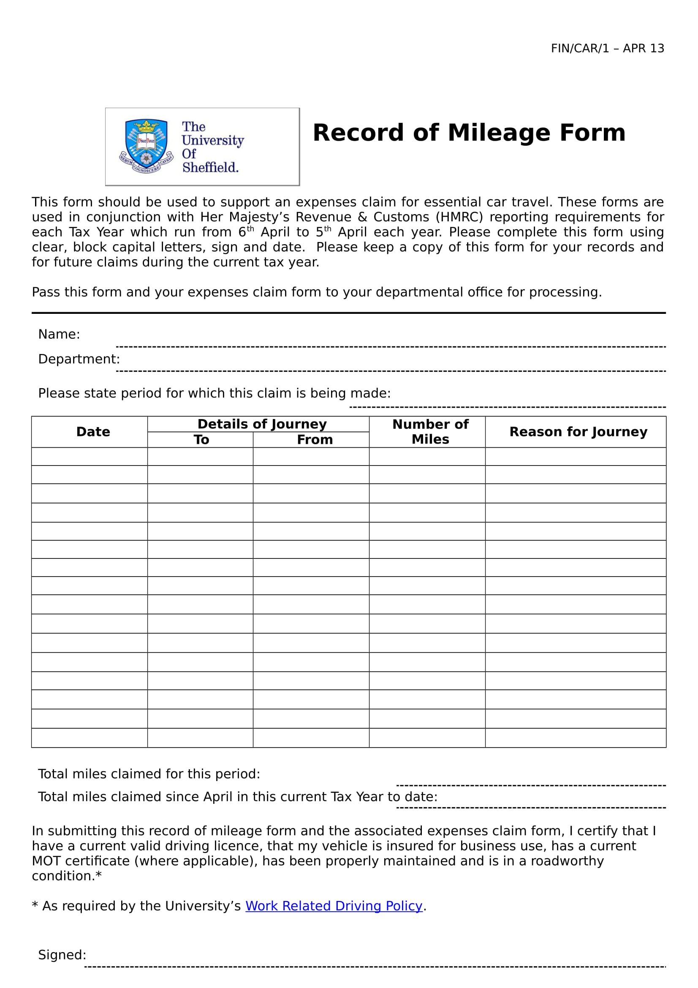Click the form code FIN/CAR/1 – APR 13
607,48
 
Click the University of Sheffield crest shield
146,144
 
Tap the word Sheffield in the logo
210,167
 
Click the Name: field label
59,335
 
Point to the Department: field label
79,359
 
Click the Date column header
93,432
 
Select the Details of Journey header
262,424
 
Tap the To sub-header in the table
201,439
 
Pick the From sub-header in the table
315,439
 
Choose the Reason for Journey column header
578,432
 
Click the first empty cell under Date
90,457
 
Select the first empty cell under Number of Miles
427,457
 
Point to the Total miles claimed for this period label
149,774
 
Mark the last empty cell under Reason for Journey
576,738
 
